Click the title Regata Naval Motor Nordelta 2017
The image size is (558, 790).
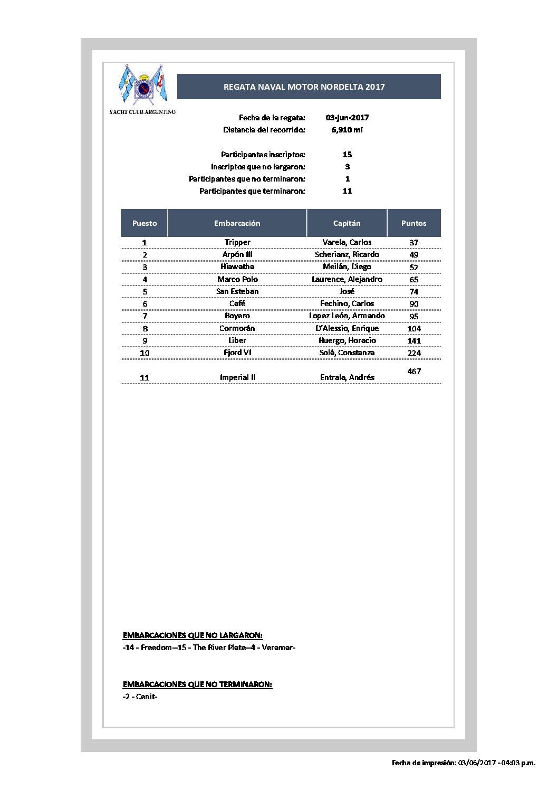coord(304,87)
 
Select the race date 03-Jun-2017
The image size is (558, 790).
coord(347,118)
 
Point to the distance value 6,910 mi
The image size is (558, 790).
coord(347,130)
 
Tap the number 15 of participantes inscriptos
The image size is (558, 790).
coord(347,155)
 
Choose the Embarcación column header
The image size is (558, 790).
coord(237,223)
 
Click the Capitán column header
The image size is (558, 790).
coord(347,223)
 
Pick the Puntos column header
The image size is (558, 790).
coord(413,223)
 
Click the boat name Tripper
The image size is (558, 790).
coord(237,242)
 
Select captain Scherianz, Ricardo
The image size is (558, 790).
coord(347,254)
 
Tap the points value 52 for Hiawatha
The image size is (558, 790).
coord(413,267)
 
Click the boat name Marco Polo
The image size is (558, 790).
coord(237,279)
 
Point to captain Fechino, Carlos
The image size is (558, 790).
coord(347,303)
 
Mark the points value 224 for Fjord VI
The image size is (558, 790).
coord(413,353)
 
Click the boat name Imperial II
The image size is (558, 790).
coord(237,377)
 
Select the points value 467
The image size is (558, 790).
coord(414,372)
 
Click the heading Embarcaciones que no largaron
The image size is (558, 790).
coord(193,635)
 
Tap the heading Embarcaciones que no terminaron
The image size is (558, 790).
coord(197,684)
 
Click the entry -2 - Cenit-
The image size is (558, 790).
coord(140,697)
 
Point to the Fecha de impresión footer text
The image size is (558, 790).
coord(463,763)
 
